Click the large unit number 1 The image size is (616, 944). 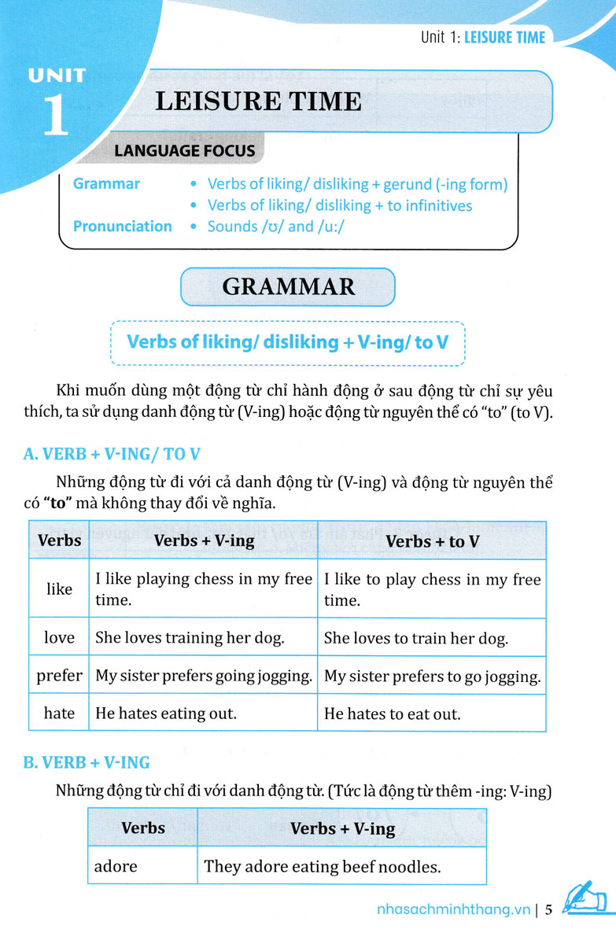point(55,114)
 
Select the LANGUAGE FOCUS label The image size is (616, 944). point(184,150)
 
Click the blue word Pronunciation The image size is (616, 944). point(122,227)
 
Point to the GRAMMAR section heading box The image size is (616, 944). point(288,286)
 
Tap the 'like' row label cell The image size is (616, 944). point(59,589)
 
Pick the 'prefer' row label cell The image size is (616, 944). point(59,675)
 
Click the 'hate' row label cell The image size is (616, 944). point(59,714)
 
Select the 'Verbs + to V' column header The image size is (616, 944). point(432,541)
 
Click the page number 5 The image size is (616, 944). point(549,910)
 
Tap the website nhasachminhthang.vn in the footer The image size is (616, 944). point(451,910)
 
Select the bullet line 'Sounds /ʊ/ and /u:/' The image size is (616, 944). point(277,227)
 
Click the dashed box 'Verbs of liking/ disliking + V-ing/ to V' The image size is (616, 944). point(288,343)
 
